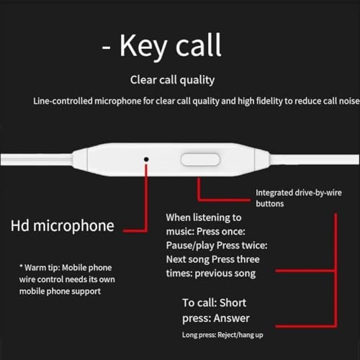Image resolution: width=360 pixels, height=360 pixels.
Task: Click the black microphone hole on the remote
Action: click(x=146, y=159)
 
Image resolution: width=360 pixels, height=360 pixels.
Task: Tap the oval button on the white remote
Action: click(x=200, y=160)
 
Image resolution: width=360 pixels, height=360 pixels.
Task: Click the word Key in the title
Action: click(x=143, y=46)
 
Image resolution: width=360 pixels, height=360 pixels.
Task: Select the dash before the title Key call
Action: click(x=106, y=47)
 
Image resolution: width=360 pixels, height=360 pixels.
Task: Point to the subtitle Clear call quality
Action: click(x=172, y=80)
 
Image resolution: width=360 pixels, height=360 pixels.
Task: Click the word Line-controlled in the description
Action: click(x=63, y=101)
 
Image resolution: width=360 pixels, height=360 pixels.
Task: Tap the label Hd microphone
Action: click(x=63, y=226)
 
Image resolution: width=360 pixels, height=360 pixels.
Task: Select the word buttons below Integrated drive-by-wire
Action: click(x=270, y=204)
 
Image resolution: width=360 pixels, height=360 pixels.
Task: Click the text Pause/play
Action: click(x=190, y=246)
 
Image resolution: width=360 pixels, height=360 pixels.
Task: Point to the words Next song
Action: click(x=188, y=259)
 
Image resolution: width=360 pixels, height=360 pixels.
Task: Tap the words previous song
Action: click(x=225, y=274)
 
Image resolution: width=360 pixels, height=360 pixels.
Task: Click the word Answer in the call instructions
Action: click(x=232, y=318)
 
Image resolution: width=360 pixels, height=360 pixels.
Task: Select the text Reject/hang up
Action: click(x=240, y=335)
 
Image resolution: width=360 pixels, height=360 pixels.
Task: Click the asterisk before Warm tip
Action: click(x=21, y=266)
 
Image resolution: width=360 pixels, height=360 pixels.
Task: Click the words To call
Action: click(x=199, y=303)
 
